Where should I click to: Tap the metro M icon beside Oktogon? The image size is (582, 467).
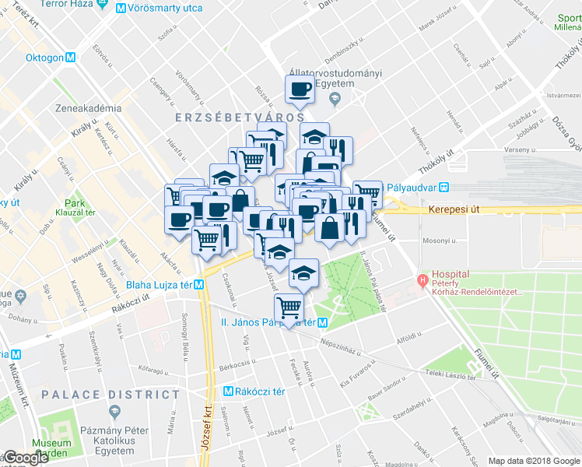click(x=71, y=57)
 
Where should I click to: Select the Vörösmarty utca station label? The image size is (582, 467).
click(x=164, y=9)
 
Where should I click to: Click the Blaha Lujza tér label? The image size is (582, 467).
click(x=160, y=284)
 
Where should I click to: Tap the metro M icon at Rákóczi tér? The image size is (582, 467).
click(x=229, y=392)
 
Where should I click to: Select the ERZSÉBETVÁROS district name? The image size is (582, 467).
click(x=234, y=116)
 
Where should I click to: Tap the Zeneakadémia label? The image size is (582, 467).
click(x=88, y=108)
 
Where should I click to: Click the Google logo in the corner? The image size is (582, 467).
click(x=26, y=458)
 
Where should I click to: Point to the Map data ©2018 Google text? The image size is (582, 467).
click(x=533, y=461)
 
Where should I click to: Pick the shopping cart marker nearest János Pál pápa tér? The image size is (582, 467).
click(x=289, y=308)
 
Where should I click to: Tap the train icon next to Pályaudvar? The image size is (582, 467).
click(x=444, y=187)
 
